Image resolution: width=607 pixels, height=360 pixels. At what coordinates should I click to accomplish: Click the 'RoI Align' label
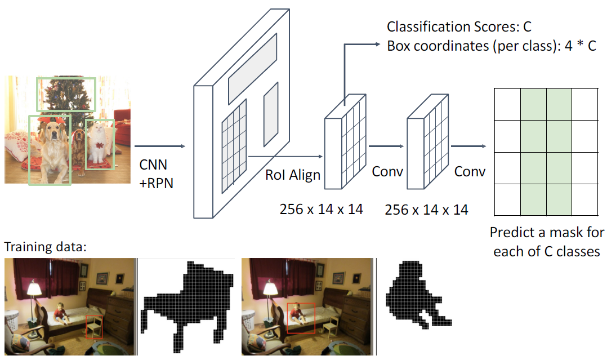click(x=292, y=175)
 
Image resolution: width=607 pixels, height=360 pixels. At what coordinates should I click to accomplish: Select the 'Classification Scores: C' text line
click(x=459, y=26)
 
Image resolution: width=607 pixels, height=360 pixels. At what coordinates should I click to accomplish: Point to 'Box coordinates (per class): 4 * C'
click(x=491, y=46)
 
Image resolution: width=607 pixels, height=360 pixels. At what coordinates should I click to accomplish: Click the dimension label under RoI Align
click(x=321, y=210)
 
